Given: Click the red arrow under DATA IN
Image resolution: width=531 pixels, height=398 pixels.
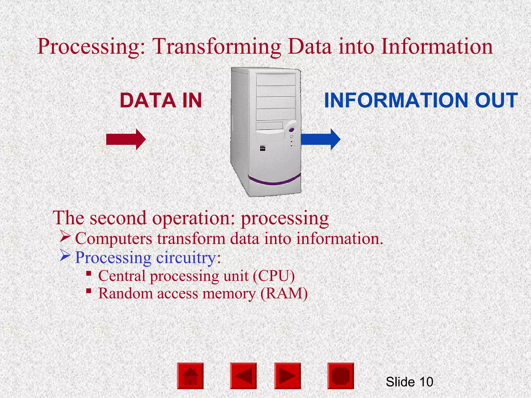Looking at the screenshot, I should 126,139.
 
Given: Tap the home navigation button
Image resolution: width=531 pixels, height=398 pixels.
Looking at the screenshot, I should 190,376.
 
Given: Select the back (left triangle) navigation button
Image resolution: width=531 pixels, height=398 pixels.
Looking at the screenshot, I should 243,376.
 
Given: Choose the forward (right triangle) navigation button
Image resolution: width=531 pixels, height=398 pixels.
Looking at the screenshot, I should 288,376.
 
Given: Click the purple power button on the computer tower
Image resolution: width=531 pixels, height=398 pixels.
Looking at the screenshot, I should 291,130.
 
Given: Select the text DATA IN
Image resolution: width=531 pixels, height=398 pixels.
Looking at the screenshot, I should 161,101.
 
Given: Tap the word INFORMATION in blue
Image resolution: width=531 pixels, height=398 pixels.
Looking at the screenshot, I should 397,101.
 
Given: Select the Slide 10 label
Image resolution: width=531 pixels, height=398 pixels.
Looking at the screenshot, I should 409,382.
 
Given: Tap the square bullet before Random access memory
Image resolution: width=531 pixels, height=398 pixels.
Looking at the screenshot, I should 89,291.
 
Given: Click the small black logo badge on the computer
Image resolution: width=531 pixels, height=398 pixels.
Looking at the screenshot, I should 262,149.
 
